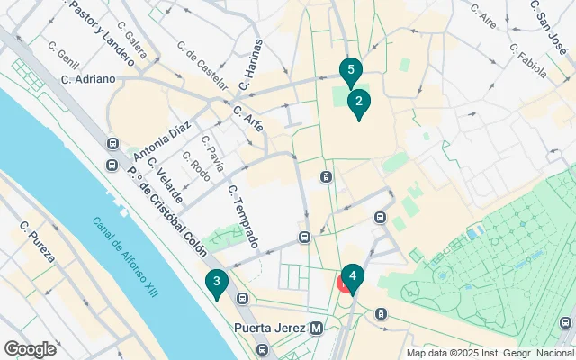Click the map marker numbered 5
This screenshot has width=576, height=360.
click(350, 71)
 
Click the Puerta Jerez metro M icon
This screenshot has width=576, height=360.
click(316, 328)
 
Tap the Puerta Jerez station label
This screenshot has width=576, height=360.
click(269, 328)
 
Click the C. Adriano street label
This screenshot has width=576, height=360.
click(88, 79)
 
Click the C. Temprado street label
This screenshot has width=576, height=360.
click(244, 217)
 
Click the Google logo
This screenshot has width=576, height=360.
click(31, 348)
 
